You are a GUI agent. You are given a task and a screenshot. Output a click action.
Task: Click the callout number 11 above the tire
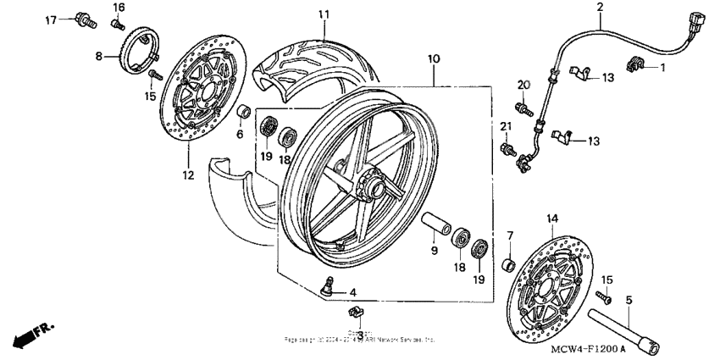pos(324,15)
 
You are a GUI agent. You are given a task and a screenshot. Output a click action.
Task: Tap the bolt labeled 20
pos(522,108)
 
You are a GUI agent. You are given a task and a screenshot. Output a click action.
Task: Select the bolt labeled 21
pos(508,149)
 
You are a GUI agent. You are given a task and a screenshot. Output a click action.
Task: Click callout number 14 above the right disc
pos(552,219)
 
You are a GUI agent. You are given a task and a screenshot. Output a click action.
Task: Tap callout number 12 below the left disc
pos(187,175)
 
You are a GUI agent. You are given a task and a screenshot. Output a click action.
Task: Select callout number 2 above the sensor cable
pos(600,8)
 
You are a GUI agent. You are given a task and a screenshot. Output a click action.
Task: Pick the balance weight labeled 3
pos(357,316)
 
